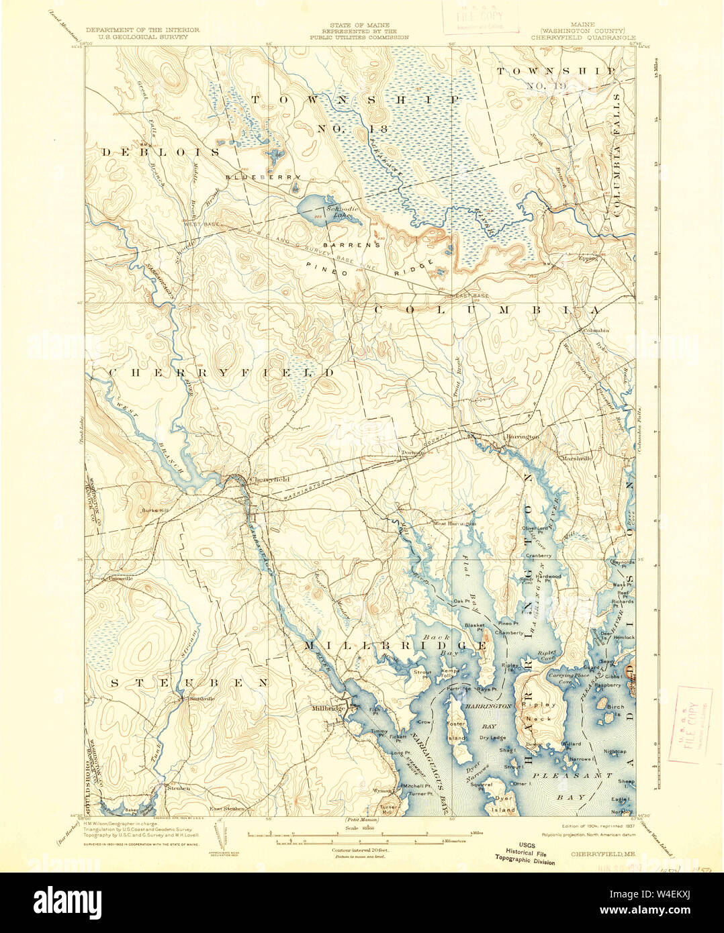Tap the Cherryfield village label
click(269, 479)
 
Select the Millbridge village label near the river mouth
click(328, 708)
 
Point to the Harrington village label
click(523, 437)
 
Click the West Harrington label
click(454, 523)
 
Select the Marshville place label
click(578, 458)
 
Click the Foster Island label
click(457, 731)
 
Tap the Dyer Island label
click(503, 803)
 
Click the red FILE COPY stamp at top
click(480, 16)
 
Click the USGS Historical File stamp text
click(525, 852)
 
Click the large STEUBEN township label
click(189, 683)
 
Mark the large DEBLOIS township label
click(161, 152)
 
